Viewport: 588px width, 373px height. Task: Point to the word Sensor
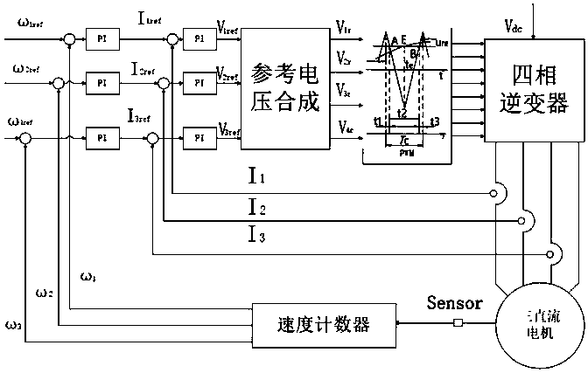[455, 305]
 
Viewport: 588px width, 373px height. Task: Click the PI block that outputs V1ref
[199, 38]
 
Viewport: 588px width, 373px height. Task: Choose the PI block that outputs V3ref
[199, 137]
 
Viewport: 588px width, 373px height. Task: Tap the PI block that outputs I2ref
[101, 83]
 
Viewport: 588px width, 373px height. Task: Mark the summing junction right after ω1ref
[67, 39]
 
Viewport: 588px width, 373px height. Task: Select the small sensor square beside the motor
[457, 324]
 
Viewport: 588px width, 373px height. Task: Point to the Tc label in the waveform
[402, 139]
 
